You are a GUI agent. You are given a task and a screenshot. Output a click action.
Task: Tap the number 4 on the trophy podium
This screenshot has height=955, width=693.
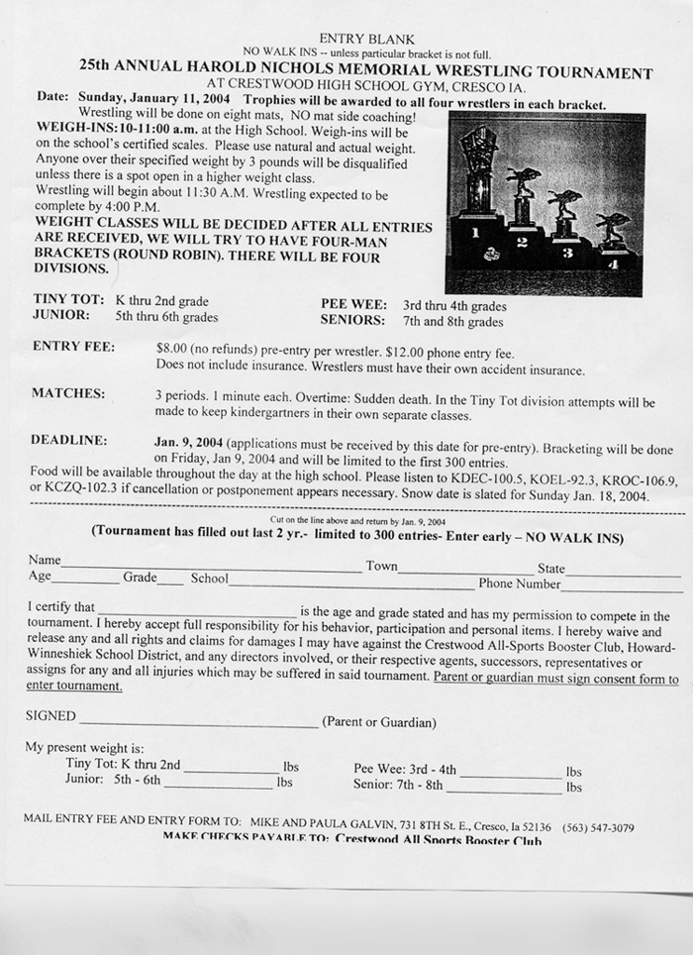pyautogui.click(x=615, y=264)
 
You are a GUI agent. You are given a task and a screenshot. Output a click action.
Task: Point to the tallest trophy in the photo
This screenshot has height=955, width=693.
pyautogui.click(x=479, y=168)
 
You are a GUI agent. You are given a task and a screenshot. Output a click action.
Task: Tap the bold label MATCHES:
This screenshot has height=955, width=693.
pyautogui.click(x=68, y=393)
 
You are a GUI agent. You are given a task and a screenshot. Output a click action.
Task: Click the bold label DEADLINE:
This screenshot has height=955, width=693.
pyautogui.click(x=69, y=440)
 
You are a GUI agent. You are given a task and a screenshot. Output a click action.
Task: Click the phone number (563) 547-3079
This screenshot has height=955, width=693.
pyautogui.click(x=598, y=826)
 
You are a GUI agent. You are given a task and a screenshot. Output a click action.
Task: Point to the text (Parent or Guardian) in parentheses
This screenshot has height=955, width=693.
pyautogui.click(x=379, y=723)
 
